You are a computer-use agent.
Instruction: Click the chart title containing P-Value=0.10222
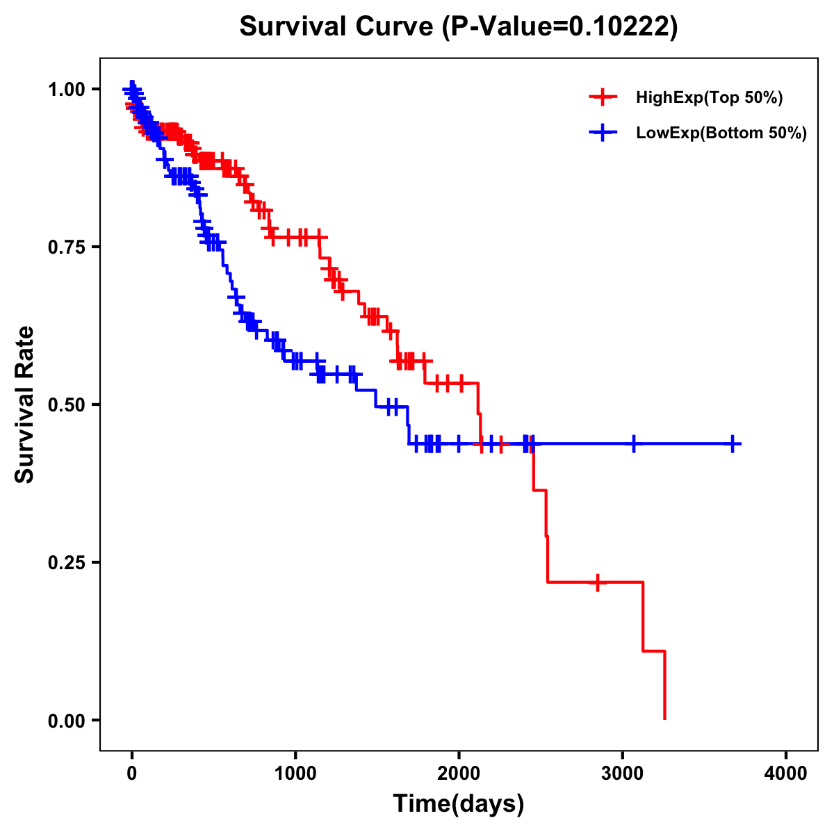458,27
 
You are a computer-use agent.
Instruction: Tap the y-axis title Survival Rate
25,404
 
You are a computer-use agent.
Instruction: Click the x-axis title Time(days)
459,803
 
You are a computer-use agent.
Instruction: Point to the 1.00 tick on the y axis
66,89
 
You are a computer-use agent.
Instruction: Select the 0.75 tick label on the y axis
66,247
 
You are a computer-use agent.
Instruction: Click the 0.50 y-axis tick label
66,404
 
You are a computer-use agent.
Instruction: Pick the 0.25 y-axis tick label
66,562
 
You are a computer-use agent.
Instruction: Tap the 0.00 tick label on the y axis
66,720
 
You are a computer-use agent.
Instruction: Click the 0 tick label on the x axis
132,772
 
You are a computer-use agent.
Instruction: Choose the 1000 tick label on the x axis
295,772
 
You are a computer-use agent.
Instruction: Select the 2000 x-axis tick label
459,772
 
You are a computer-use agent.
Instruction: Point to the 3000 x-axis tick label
623,772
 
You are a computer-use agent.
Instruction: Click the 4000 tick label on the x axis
786,772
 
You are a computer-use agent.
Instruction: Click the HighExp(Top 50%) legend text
709,98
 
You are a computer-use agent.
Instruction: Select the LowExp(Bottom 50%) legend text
721,133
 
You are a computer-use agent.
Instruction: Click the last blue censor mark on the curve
733,443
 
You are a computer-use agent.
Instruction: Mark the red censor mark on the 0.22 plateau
597,582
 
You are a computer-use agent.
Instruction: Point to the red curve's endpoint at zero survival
665,719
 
